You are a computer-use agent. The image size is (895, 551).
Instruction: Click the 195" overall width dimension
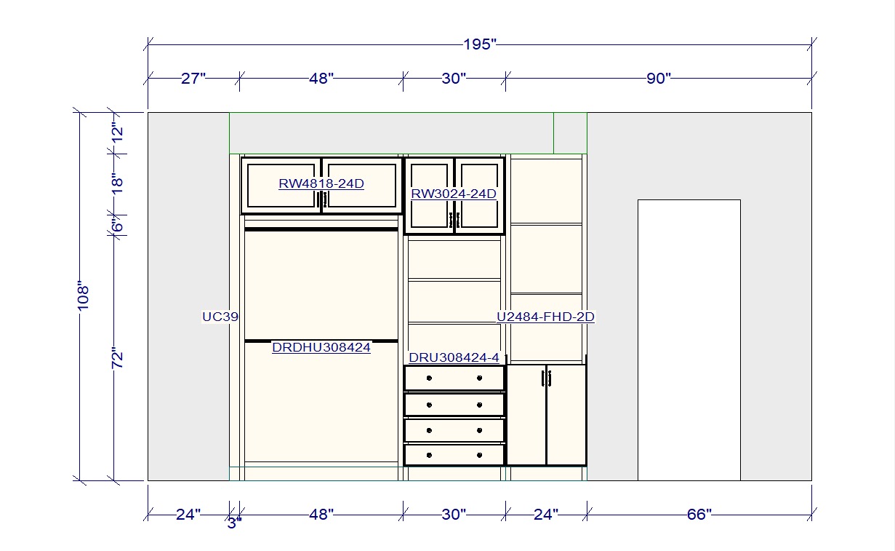(x=479, y=44)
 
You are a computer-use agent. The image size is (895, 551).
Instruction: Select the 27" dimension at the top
(x=193, y=79)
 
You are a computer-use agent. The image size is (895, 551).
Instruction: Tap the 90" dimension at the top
(x=658, y=79)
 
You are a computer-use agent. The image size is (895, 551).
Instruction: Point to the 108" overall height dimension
(x=83, y=296)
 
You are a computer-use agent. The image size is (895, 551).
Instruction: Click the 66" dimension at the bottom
(x=698, y=515)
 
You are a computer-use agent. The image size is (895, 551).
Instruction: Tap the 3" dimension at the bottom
(x=233, y=523)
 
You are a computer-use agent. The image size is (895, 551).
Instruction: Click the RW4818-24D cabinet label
(x=321, y=184)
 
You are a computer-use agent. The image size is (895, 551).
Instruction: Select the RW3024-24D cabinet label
(x=454, y=194)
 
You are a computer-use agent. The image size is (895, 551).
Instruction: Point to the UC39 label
(x=220, y=317)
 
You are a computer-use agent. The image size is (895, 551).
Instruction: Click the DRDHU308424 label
(x=321, y=348)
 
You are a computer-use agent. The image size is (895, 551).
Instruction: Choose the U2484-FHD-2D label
(x=545, y=317)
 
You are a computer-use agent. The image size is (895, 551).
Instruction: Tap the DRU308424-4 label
(x=454, y=357)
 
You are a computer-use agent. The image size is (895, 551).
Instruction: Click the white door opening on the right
(x=689, y=340)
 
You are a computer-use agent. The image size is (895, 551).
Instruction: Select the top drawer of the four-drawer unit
(x=454, y=378)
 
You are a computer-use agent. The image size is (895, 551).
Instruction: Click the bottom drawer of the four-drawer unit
(x=454, y=455)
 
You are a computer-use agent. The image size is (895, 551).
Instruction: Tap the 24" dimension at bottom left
(x=188, y=515)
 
